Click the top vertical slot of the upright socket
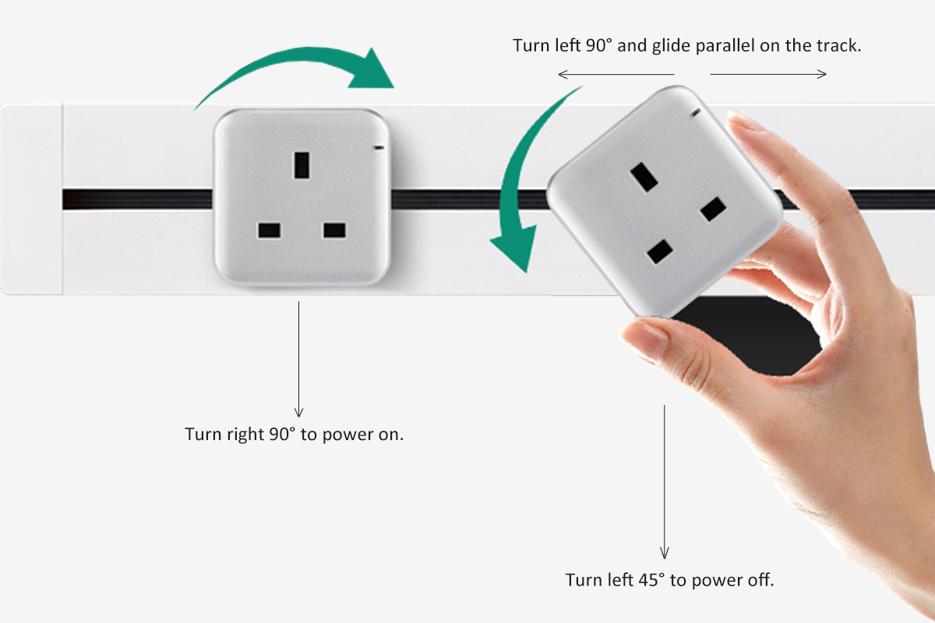(302, 165)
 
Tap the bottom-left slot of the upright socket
(270, 231)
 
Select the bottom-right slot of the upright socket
(334, 231)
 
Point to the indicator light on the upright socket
(379, 147)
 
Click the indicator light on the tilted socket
(695, 113)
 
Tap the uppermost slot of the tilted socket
(644, 178)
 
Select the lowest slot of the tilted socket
(660, 252)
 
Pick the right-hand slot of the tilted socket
(714, 209)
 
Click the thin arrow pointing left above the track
(616, 74)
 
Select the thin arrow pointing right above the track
(768, 74)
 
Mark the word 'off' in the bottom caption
(760, 580)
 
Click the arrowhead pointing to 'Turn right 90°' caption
(298, 412)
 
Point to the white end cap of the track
(32, 199)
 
